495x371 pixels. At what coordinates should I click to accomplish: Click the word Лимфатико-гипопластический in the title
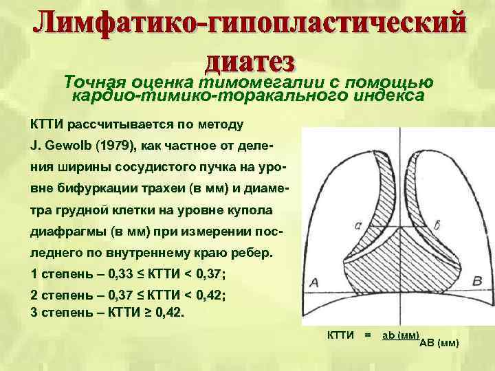(247, 25)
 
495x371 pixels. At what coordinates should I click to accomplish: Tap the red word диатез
(250, 62)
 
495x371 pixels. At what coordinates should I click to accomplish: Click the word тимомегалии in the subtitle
(256, 81)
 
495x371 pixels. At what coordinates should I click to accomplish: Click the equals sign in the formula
(368, 335)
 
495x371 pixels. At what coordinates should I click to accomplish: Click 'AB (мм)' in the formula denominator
(439, 343)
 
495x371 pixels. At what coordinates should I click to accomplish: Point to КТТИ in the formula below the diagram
(340, 335)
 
